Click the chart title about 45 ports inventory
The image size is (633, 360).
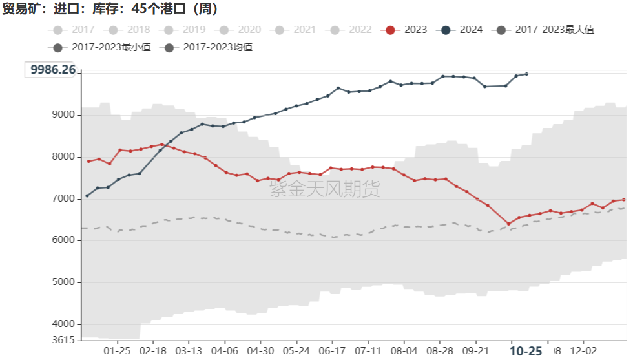pos(110,8)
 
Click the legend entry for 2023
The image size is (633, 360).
pos(408,30)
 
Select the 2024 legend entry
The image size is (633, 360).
pos(462,30)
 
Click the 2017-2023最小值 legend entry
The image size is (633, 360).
pos(103,47)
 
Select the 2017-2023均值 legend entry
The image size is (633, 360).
pos(209,47)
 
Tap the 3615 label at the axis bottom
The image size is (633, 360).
pos(63,340)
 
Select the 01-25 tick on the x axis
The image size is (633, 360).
pos(118,350)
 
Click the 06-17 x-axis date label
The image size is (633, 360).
pos(332,350)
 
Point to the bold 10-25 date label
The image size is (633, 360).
pos(526,351)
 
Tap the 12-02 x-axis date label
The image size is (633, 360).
pos(583,350)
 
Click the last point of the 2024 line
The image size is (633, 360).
pos(526,74)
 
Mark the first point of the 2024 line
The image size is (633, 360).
pos(87,195)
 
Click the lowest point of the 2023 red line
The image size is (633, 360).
pos(508,224)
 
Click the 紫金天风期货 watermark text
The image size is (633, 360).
pos(324,189)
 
